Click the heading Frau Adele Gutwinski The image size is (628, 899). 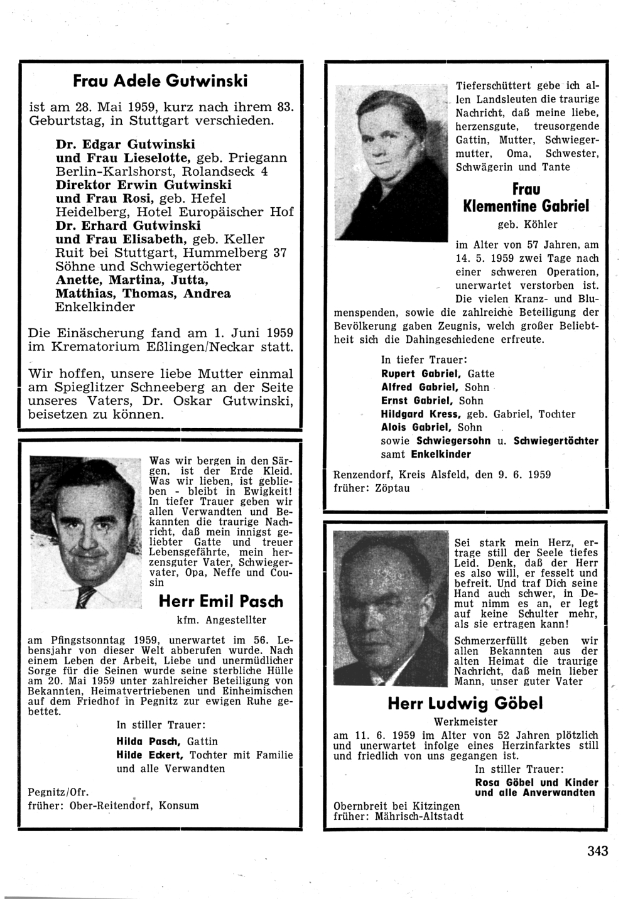point(160,81)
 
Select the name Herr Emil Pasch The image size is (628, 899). point(221,601)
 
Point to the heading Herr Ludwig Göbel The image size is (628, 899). point(465,704)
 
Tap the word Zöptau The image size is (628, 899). point(389,488)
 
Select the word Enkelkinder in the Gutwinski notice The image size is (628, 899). point(95,307)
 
